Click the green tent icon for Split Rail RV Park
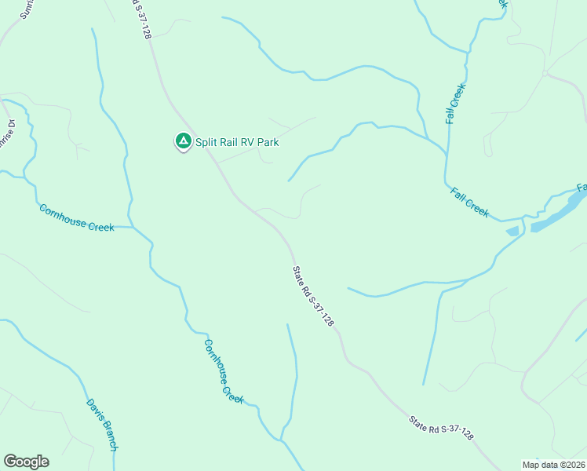183,141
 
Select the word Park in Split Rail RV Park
268,143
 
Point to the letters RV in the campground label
246,143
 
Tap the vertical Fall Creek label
455,104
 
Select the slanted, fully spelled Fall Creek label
469,202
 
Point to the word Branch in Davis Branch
108,435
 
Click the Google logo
26,462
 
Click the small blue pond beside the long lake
513,231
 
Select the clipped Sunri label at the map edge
29,9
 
